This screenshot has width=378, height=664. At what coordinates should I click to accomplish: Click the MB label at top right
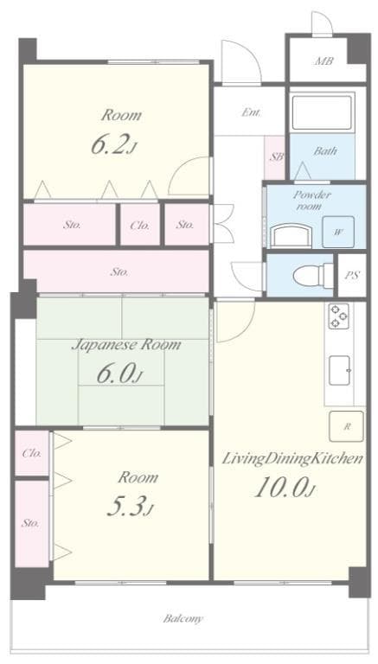[324, 61]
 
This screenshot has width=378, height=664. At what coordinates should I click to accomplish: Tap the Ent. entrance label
[252, 112]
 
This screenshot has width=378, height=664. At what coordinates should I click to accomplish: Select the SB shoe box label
[276, 156]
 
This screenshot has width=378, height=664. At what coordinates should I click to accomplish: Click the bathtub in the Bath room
[323, 112]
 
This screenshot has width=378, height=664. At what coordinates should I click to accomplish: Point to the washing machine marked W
[337, 232]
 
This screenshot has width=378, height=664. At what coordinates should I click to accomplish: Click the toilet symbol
[308, 275]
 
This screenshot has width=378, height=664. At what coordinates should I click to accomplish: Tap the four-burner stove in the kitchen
[337, 317]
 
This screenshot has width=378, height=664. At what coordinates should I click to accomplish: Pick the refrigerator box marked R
[346, 427]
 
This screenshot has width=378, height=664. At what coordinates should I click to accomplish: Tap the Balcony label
[183, 619]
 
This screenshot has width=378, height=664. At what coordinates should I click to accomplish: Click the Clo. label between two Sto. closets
[139, 225]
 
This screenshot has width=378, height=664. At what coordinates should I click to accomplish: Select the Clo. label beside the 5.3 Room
[31, 452]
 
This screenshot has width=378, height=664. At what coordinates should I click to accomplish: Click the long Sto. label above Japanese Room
[119, 271]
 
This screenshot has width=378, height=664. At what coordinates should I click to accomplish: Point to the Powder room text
[312, 201]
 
